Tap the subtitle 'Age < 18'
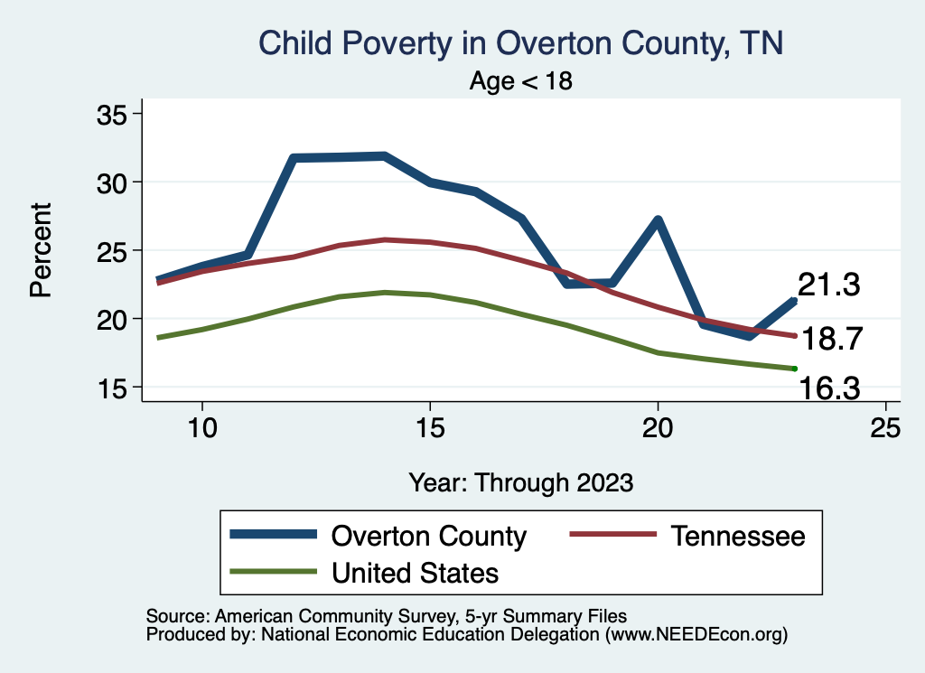pyautogui.click(x=521, y=81)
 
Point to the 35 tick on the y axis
pyautogui.click(x=114, y=114)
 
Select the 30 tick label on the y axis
pyautogui.click(x=114, y=182)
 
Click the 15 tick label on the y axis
pyautogui.click(x=114, y=388)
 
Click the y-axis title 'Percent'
pyautogui.click(x=41, y=250)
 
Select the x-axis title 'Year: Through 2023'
pyautogui.click(x=521, y=481)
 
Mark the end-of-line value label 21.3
pyautogui.click(x=828, y=285)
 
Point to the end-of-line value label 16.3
pyautogui.click(x=829, y=388)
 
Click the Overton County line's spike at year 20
pyautogui.click(x=658, y=220)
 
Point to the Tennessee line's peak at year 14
pyautogui.click(x=384, y=239)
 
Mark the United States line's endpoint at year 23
pyautogui.click(x=794, y=369)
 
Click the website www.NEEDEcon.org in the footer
pyautogui.click(x=696, y=634)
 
